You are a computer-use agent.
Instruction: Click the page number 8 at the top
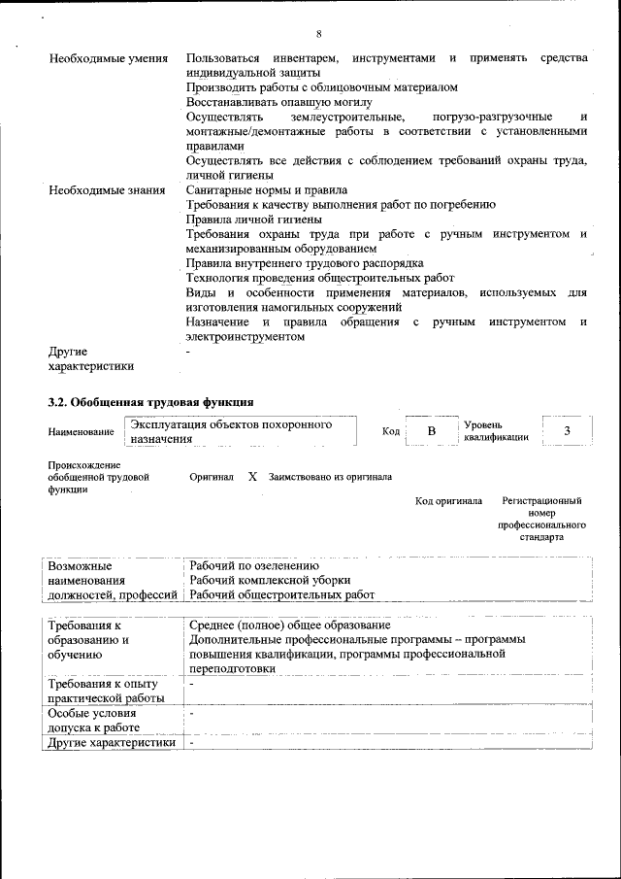(x=319, y=34)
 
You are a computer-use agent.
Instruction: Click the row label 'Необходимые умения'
(x=106, y=59)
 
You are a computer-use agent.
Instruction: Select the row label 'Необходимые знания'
(x=106, y=190)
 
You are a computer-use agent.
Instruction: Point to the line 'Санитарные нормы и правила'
(x=266, y=190)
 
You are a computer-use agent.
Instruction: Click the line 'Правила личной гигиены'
(x=254, y=220)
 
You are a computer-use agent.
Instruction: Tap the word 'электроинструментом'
(x=245, y=336)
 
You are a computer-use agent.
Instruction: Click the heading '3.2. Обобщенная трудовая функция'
(x=151, y=400)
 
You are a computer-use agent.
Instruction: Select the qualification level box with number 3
(x=567, y=430)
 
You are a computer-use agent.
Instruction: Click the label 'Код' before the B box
(x=391, y=431)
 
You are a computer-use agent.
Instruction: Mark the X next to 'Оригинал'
(x=252, y=477)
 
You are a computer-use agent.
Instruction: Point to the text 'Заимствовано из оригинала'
(x=330, y=477)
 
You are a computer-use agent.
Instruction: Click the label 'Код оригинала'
(x=448, y=501)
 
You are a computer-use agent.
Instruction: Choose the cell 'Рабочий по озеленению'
(x=254, y=565)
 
